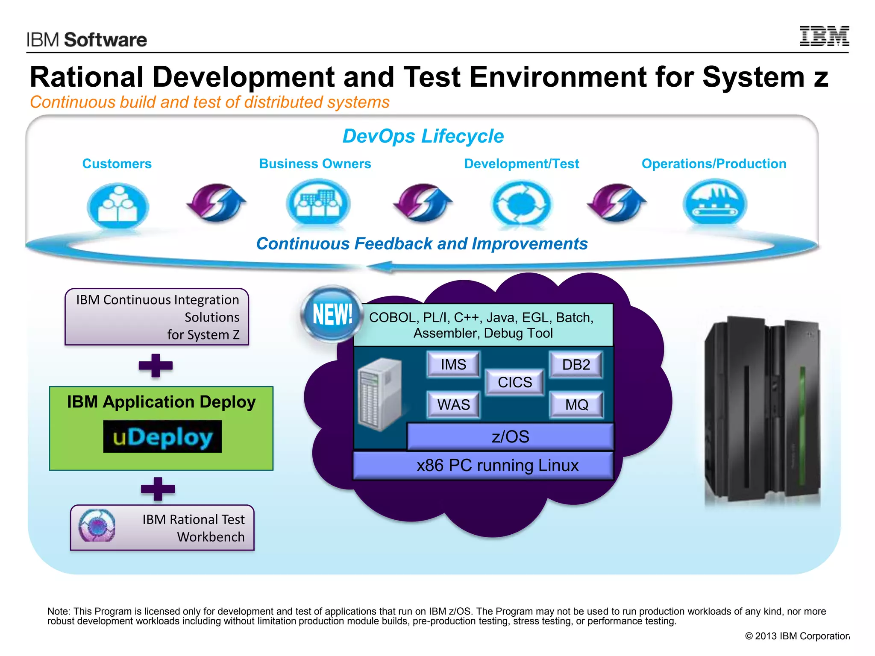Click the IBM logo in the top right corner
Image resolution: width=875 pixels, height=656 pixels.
click(x=824, y=36)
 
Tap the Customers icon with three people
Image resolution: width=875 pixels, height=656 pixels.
click(x=117, y=205)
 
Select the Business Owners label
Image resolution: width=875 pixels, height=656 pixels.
click(x=315, y=164)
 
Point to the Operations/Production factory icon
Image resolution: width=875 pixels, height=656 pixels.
click(x=714, y=202)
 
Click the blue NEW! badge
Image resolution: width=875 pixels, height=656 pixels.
click(x=332, y=314)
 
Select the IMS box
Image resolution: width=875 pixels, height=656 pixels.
click(x=453, y=364)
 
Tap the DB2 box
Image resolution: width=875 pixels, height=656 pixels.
click(x=576, y=364)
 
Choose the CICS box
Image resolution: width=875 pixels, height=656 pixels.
click(x=515, y=382)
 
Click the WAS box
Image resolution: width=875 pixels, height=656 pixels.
click(x=453, y=404)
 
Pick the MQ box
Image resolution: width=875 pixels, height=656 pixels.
click(x=576, y=404)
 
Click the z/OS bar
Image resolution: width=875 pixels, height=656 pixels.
click(x=510, y=436)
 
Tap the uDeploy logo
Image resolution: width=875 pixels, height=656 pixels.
click(x=162, y=436)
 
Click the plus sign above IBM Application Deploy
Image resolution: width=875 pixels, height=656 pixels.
click(x=156, y=366)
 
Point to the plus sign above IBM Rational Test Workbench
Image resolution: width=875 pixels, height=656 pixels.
click(x=158, y=489)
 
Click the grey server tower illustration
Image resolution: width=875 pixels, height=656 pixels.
click(x=380, y=394)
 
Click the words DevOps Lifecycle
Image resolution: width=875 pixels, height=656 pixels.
click(x=423, y=136)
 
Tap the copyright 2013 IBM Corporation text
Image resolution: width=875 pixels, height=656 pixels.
click(x=797, y=636)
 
